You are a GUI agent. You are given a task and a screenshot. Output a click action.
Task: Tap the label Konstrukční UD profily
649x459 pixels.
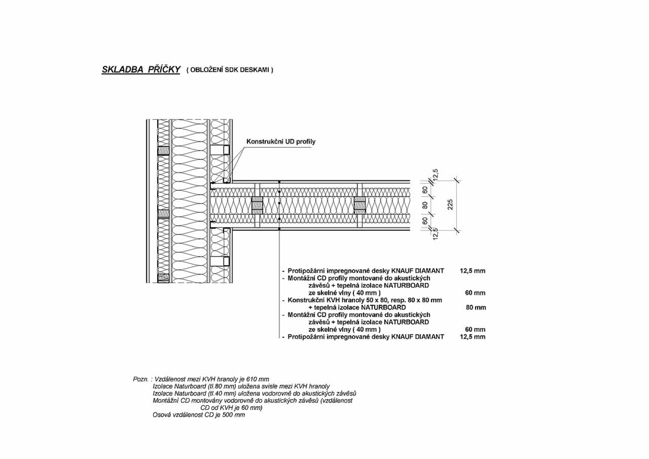[x=281, y=142]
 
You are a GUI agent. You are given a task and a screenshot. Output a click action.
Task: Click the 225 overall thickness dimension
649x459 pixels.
[x=450, y=204]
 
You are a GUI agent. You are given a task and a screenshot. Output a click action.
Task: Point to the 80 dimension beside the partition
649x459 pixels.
[x=425, y=205]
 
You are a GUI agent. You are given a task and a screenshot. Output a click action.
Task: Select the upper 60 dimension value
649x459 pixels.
[x=425, y=190]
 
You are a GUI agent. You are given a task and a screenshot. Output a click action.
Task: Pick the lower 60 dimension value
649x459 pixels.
[x=425, y=221]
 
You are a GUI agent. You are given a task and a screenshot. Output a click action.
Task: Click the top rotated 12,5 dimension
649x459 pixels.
[x=436, y=174]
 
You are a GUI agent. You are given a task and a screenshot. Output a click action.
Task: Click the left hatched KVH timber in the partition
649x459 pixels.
[x=257, y=205]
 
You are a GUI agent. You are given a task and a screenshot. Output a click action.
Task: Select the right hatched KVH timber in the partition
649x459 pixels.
[x=360, y=205]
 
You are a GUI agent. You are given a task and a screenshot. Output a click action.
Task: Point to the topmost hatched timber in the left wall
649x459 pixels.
[x=163, y=151]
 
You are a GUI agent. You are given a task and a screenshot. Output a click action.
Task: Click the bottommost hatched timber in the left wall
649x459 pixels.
[x=163, y=278]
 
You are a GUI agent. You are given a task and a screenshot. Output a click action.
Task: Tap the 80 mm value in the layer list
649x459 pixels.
[x=476, y=307]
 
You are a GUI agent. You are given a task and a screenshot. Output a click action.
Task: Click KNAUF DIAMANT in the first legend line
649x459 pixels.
[x=417, y=271]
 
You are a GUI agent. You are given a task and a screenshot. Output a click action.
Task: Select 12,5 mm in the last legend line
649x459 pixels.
[x=473, y=337]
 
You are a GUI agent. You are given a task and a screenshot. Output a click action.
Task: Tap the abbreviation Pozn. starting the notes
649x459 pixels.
[x=141, y=379]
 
